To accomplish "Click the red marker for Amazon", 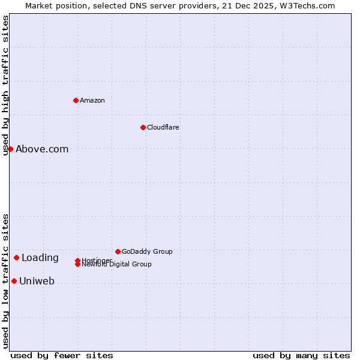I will pyautogui.click(x=76, y=100).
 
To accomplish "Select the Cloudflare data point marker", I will pyautogui.click(x=143, y=127).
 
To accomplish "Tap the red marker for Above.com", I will pyautogui.click(x=10, y=149).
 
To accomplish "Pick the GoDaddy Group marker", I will pyautogui.click(x=118, y=251).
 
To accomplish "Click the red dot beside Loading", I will pyautogui.click(x=16, y=258).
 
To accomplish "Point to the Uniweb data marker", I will pyautogui.click(x=14, y=281).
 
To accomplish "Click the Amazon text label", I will pyautogui.click(x=92, y=100).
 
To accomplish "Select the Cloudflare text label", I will pyautogui.click(x=163, y=127).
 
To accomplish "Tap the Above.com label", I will pyautogui.click(x=42, y=149).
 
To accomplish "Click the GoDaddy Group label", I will pyautogui.click(x=147, y=251).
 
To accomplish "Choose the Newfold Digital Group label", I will pyautogui.click(x=117, y=265).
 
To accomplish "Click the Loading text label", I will pyautogui.click(x=40, y=258).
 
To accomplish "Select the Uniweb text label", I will pyautogui.click(x=37, y=281).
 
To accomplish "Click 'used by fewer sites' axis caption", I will pyautogui.click(x=62, y=356).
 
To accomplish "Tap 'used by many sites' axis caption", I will pyautogui.click(x=301, y=356).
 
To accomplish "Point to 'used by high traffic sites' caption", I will pyautogui.click(x=6, y=85).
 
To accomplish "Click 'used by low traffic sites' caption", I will pyautogui.click(x=6, y=281).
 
